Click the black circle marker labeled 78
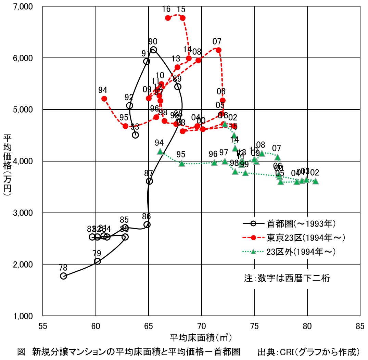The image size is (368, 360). (x=63, y=276)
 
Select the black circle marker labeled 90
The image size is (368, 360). (x=153, y=50)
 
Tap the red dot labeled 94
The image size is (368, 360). (x=104, y=99)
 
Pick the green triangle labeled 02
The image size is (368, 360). (x=315, y=181)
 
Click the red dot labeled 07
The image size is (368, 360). (x=218, y=50)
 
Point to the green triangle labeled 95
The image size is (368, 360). (x=182, y=164)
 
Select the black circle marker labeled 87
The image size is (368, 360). (x=149, y=181)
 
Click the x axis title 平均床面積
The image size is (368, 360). (x=201, y=337)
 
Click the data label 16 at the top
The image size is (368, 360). (x=166, y=9)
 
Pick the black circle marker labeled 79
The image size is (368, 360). (x=97, y=261)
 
